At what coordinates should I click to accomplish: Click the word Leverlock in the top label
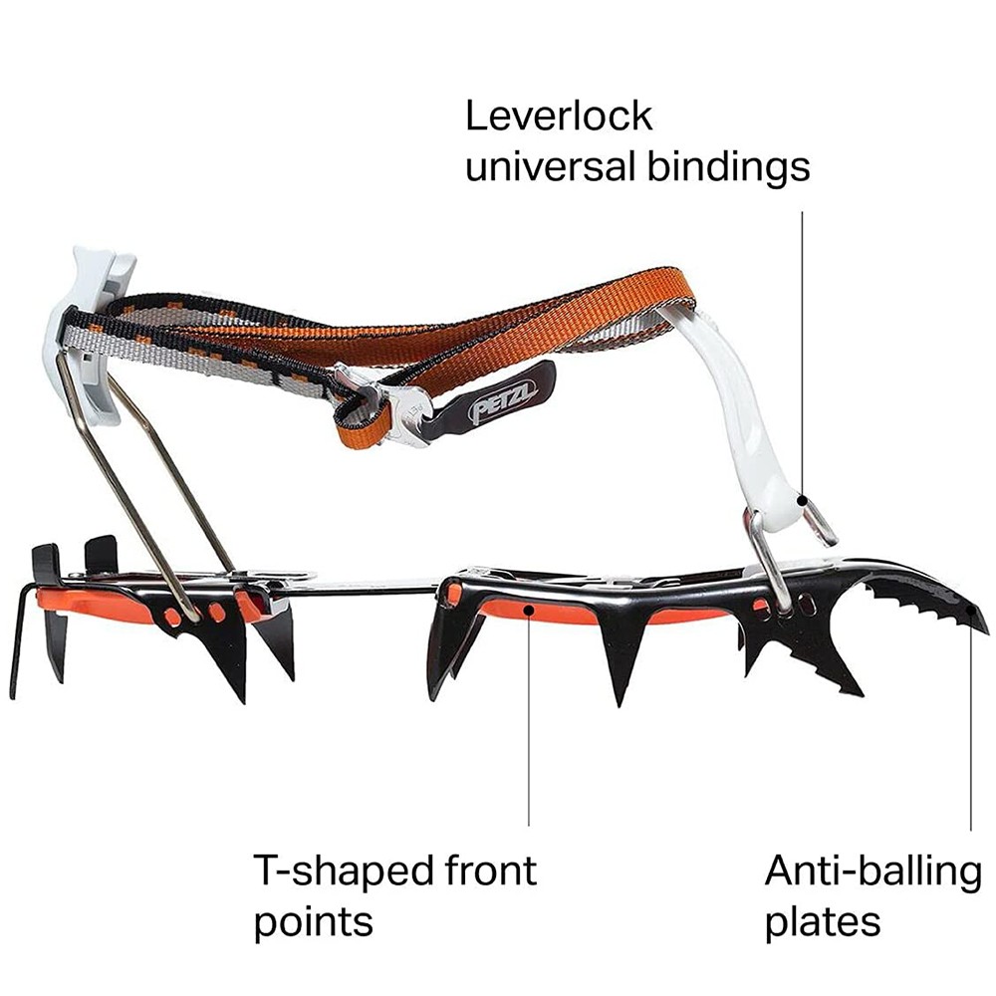[x=559, y=117]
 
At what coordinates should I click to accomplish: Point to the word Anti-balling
[x=872, y=871]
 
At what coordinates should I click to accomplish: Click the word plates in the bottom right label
[x=823, y=922]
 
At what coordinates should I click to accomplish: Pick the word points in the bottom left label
[x=313, y=922]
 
